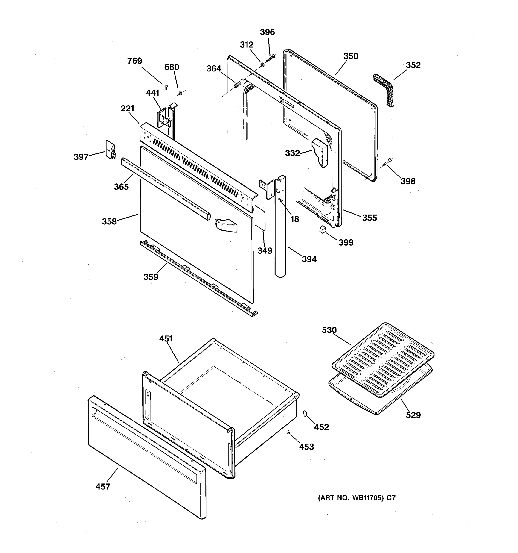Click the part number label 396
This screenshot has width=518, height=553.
pos(267,32)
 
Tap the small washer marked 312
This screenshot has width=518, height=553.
pos(262,65)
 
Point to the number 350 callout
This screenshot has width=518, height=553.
pos(351,56)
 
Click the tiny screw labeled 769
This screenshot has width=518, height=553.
pos(166,87)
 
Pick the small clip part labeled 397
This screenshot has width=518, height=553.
pos(110,150)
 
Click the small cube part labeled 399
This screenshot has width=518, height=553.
pos(322,230)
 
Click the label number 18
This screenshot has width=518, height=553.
pos(295,219)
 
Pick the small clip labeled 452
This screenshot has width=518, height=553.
pos(305,414)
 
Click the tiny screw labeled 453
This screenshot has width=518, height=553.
pos(288,432)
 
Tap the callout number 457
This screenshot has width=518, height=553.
pos(103,486)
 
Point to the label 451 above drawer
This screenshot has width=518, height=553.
pos(166,338)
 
